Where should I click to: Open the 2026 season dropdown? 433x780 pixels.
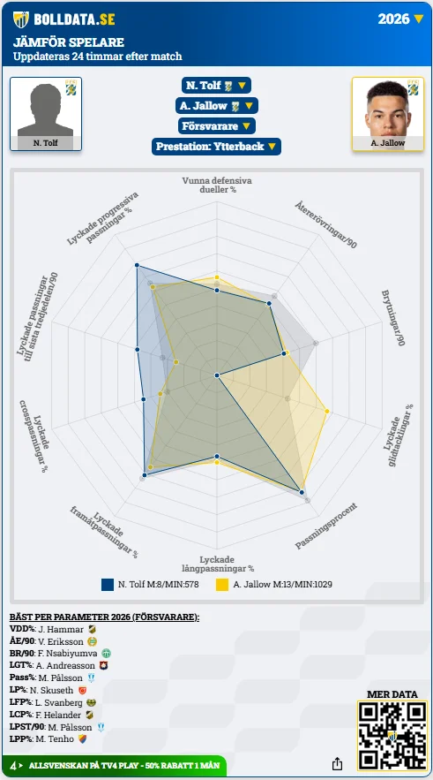point(400,19)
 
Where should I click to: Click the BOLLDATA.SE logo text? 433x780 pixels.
point(74,19)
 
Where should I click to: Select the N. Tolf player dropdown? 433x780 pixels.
point(216,85)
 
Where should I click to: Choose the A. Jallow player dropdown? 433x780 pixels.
point(217,105)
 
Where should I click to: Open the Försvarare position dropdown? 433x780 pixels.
point(217,125)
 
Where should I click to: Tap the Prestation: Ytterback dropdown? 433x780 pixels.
point(217,147)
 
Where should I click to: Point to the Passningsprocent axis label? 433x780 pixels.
point(326,526)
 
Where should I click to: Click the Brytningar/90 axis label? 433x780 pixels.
point(393,318)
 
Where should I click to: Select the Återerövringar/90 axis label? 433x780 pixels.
point(325,224)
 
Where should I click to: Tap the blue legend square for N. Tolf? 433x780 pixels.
point(108,584)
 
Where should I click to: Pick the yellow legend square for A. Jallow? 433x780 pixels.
point(222,584)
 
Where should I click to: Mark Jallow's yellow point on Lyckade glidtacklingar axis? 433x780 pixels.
point(327,411)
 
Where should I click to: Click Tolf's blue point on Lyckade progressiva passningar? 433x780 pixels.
point(137,265)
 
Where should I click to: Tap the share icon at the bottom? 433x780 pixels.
point(337,763)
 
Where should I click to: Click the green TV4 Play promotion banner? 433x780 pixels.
point(115,766)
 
